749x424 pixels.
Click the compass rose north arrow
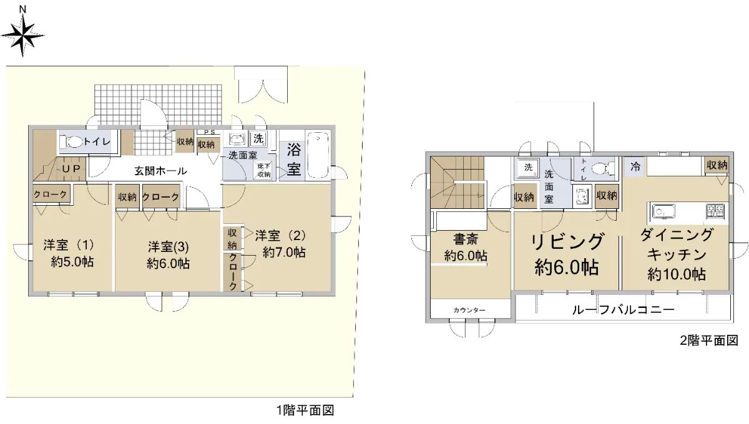click(x=22, y=35)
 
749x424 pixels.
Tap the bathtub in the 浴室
click(x=318, y=155)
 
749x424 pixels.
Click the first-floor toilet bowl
click(x=71, y=142)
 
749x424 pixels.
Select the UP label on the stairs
click(x=71, y=169)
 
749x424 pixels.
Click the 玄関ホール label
click(x=160, y=171)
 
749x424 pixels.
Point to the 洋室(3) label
click(x=169, y=248)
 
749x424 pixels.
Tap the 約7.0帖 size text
click(x=284, y=253)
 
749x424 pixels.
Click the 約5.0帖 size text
click(x=72, y=262)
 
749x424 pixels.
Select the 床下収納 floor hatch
click(x=263, y=170)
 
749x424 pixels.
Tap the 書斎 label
click(x=466, y=239)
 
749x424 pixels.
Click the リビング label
click(x=567, y=242)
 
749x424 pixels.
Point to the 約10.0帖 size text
click(x=677, y=274)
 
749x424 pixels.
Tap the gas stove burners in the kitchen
click(x=715, y=211)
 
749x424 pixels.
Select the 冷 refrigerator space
click(x=635, y=166)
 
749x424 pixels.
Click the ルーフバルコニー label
click(x=624, y=310)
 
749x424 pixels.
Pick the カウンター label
click(x=469, y=311)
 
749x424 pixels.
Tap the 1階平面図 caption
click(x=305, y=410)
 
